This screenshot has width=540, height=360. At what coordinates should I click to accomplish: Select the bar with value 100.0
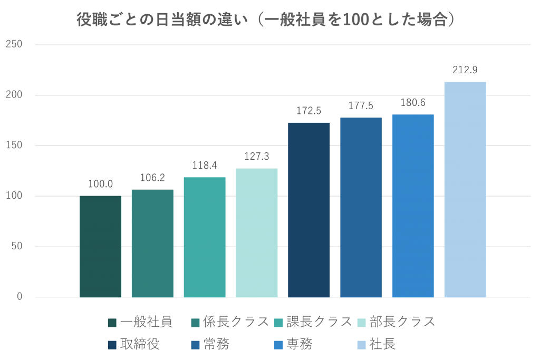click(x=100, y=246)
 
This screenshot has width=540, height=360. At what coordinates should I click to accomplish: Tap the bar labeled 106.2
click(x=152, y=243)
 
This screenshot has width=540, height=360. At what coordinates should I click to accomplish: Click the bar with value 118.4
click(x=205, y=237)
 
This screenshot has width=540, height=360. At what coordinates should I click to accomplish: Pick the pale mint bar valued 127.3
click(x=257, y=232)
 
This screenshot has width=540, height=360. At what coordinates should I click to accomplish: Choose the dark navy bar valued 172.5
click(x=309, y=210)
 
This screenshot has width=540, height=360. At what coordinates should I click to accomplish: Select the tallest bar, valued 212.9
click(x=465, y=189)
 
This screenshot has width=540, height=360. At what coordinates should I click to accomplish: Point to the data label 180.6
click(x=413, y=103)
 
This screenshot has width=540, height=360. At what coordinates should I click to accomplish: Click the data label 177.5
click(x=361, y=106)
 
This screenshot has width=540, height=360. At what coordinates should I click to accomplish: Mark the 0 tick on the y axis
click(x=20, y=297)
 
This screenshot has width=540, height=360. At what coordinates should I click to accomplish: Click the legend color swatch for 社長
click(x=362, y=345)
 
